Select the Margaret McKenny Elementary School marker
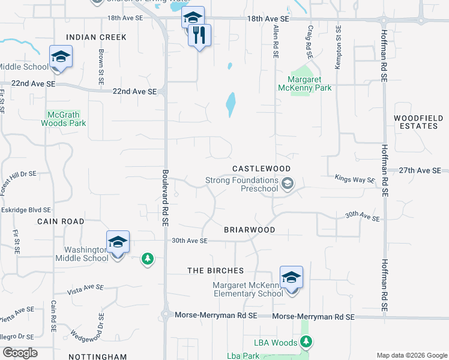click(x=291, y=278)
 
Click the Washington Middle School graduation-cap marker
click(x=118, y=242)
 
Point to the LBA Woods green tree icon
click(x=307, y=342)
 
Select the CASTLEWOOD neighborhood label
click(x=262, y=169)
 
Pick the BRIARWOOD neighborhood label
click(x=249, y=230)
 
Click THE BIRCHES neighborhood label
click(x=215, y=271)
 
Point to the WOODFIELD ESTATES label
click(x=416, y=122)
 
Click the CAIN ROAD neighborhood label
click(x=61, y=221)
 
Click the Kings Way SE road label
click(x=354, y=179)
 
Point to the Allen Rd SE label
click(x=276, y=41)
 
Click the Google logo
click(x=20, y=353)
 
